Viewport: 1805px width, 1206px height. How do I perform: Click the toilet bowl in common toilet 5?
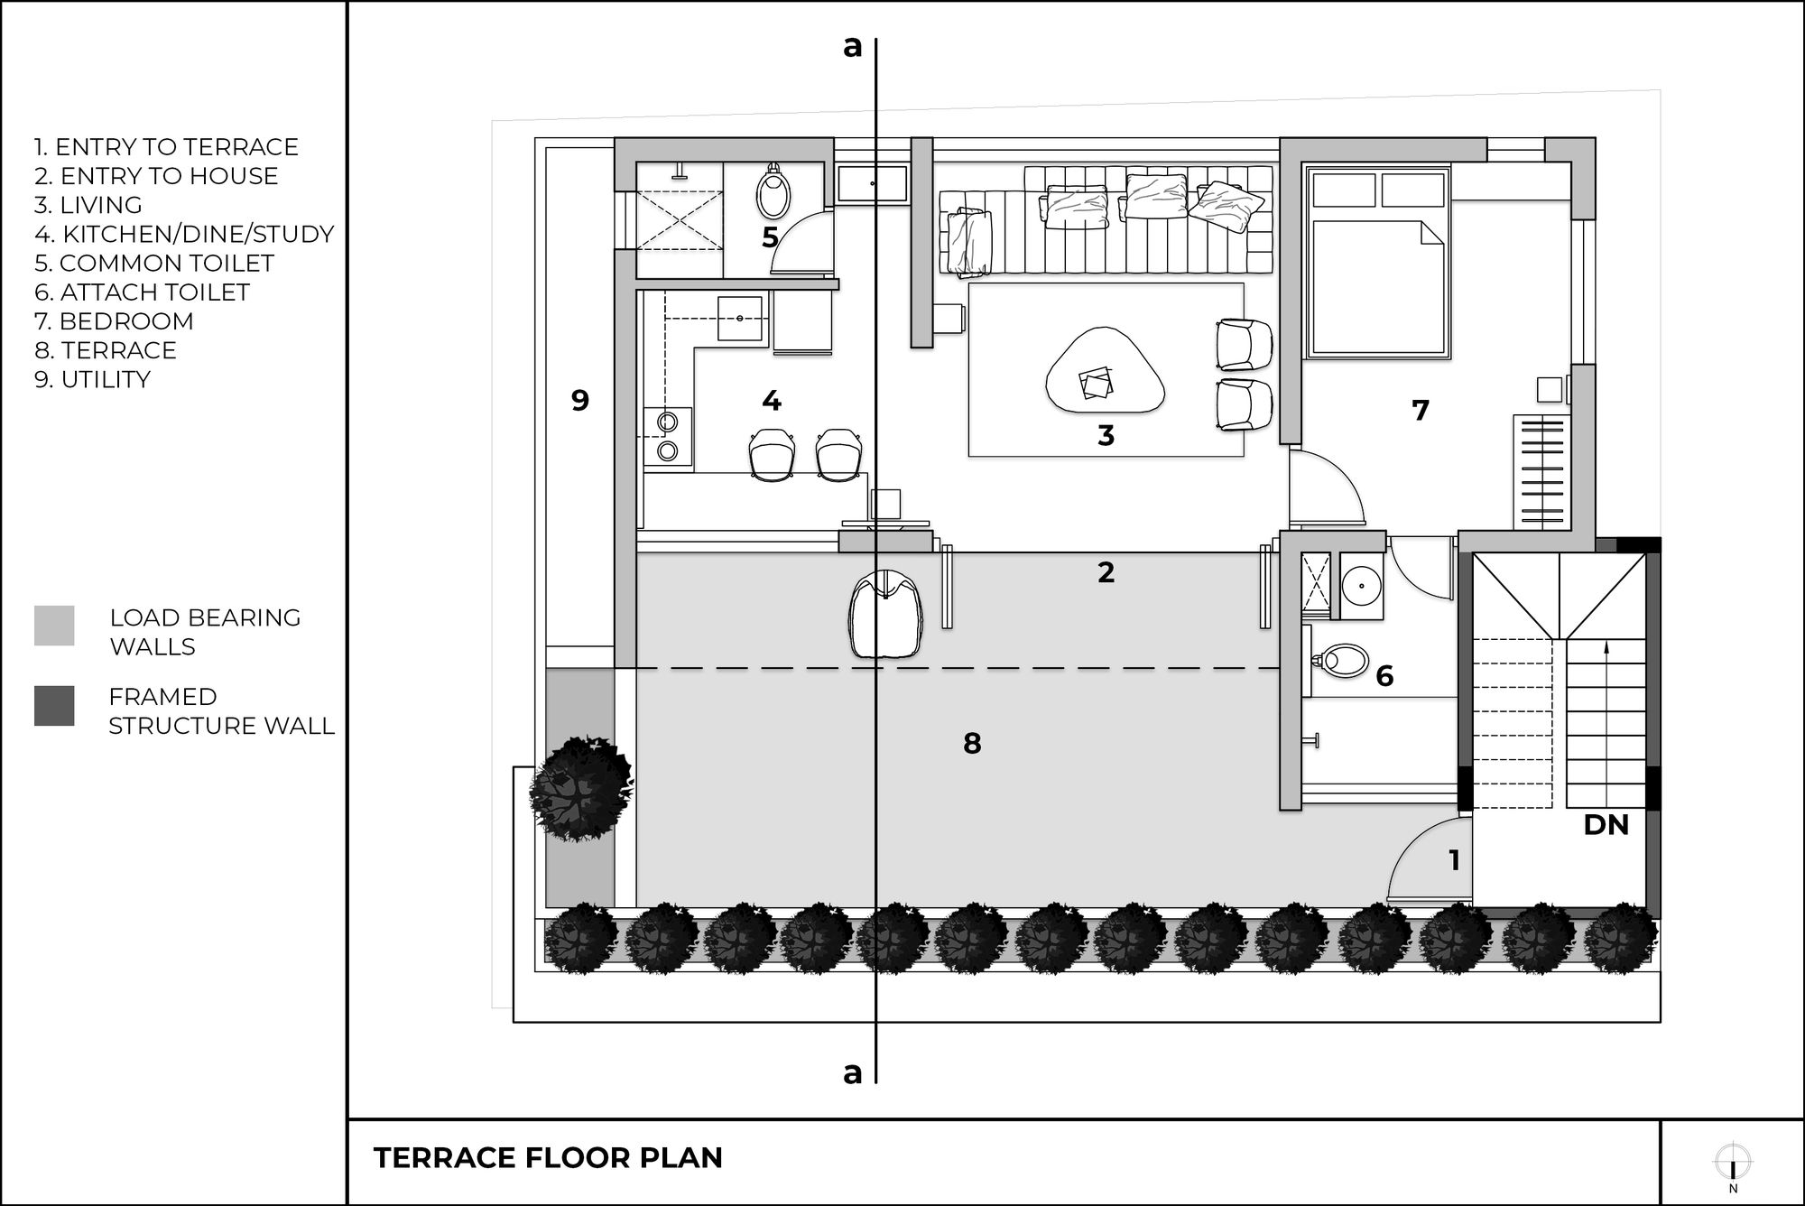773,192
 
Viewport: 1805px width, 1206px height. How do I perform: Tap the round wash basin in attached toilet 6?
1361,587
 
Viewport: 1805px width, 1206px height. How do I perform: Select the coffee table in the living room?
1105,372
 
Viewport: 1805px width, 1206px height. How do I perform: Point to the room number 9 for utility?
580,400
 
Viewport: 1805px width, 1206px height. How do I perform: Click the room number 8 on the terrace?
972,743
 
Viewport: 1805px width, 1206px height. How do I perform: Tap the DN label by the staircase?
1606,825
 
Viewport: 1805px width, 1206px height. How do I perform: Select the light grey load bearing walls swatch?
54,626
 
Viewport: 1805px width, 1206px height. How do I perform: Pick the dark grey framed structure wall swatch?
54,706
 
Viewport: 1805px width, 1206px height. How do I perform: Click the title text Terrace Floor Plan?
548,1158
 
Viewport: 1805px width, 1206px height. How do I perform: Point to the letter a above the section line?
852,47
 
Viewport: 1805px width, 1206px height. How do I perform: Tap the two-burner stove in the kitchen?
668,436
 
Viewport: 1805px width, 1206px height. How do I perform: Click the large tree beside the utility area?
579,788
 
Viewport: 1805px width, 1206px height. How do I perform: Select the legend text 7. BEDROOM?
114,321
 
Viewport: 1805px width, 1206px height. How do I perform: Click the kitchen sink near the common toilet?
740,319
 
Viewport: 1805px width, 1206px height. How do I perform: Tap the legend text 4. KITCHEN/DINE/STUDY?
184,235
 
